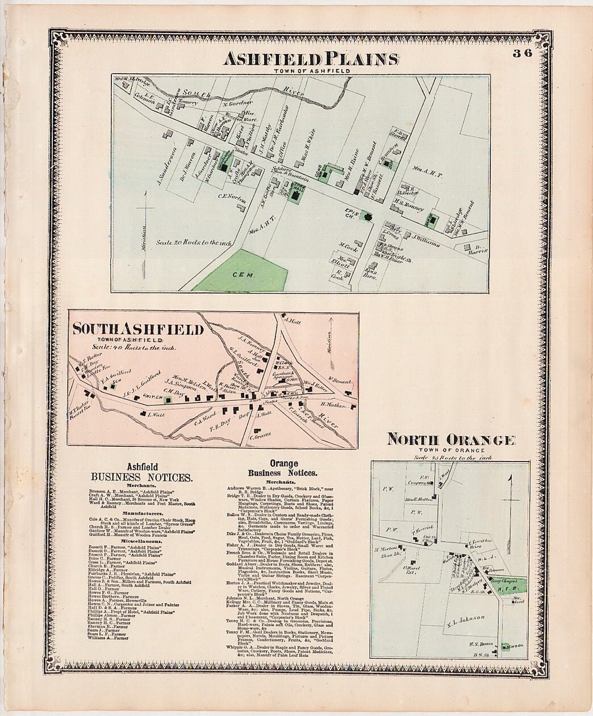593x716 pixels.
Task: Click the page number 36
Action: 522,54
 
